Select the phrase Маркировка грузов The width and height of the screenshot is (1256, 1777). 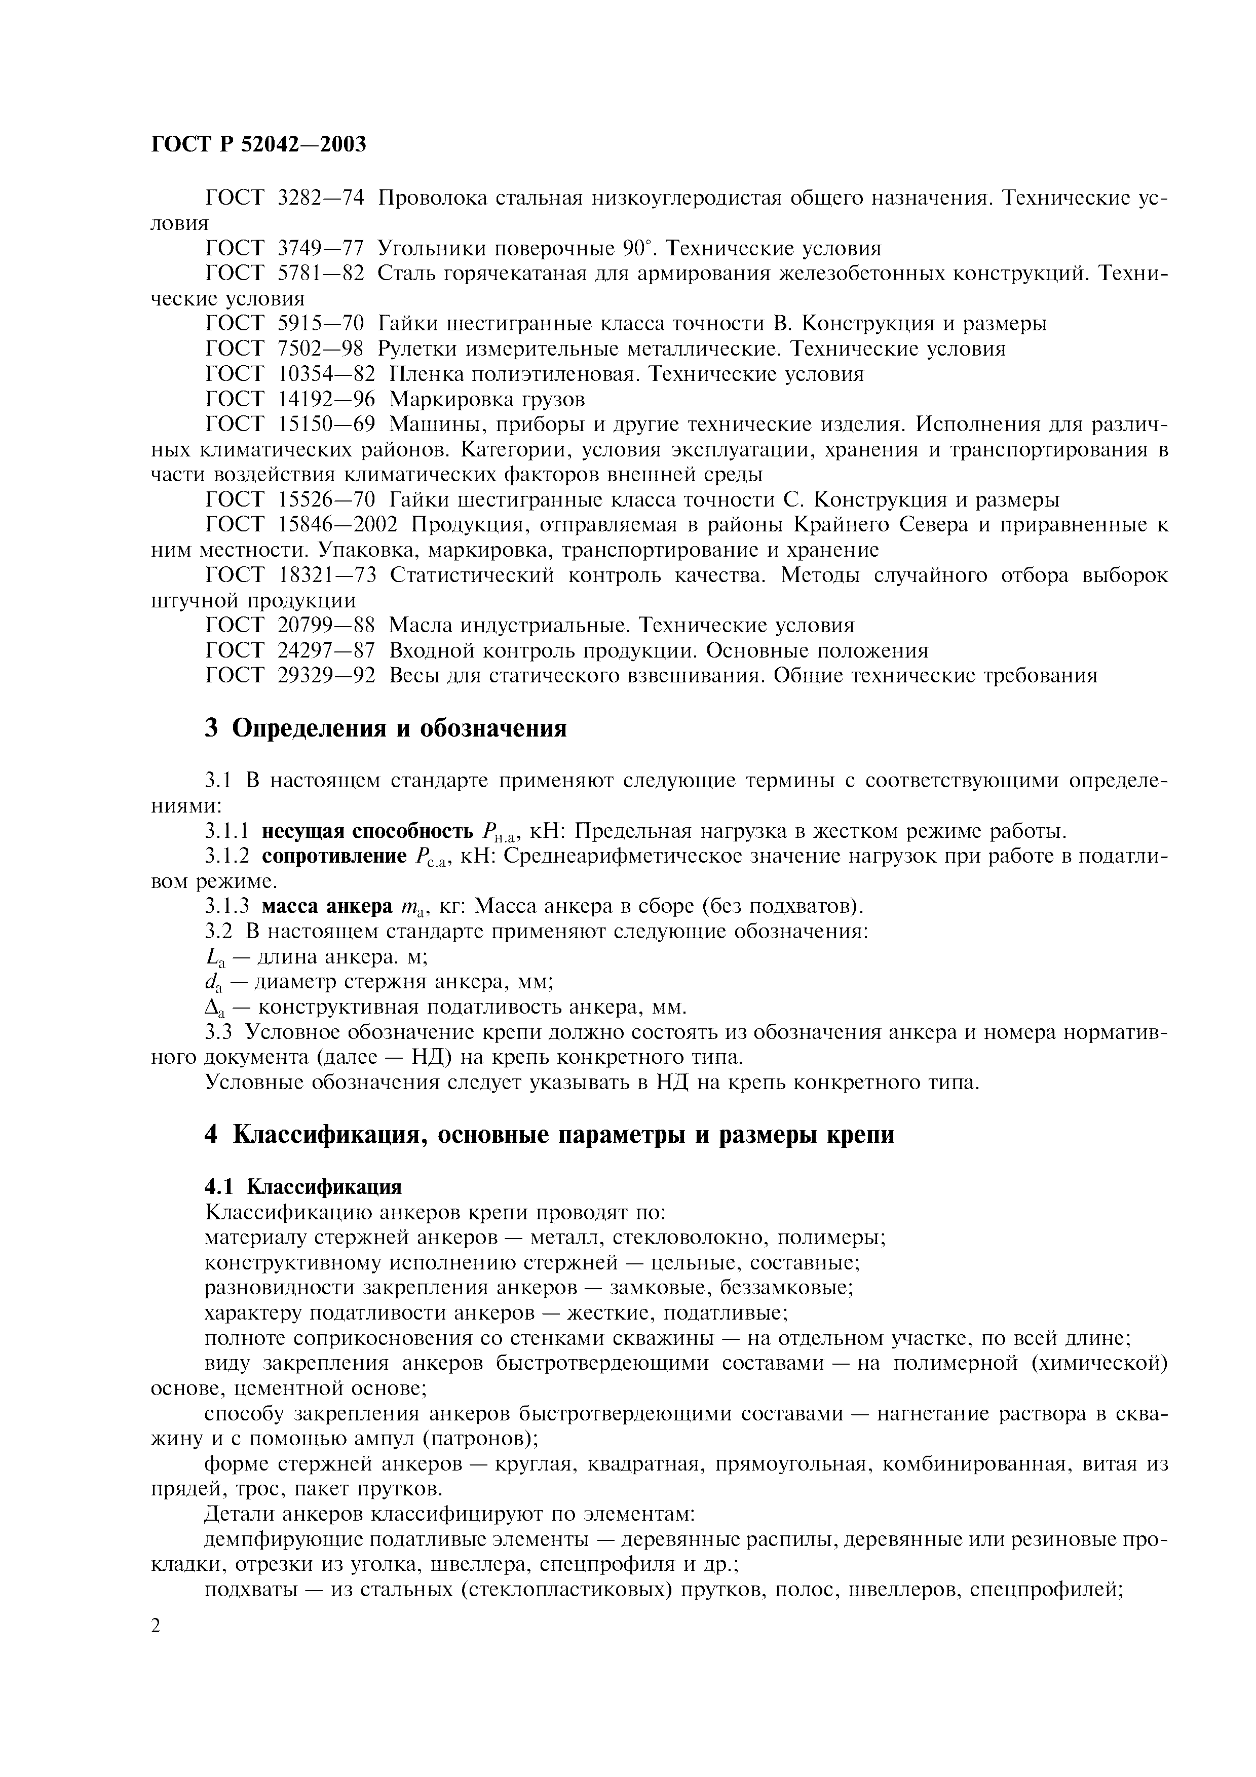[487, 399]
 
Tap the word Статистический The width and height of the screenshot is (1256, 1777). [472, 575]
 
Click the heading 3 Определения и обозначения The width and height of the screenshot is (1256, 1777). [386, 728]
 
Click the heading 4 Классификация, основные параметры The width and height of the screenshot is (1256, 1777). [549, 1135]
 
